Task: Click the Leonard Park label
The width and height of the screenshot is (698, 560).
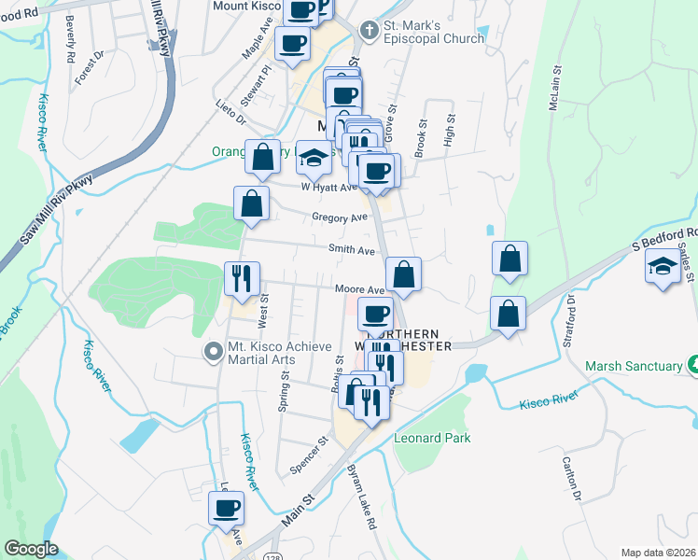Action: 432,437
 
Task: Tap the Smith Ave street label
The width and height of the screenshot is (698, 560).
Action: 351,250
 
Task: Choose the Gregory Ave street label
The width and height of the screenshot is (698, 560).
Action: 341,217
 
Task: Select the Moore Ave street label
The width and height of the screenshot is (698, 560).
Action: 361,290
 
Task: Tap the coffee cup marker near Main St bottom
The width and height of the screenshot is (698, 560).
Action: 226,510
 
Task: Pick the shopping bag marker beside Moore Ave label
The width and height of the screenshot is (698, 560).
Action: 403,275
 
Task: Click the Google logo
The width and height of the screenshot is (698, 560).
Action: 32,549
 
